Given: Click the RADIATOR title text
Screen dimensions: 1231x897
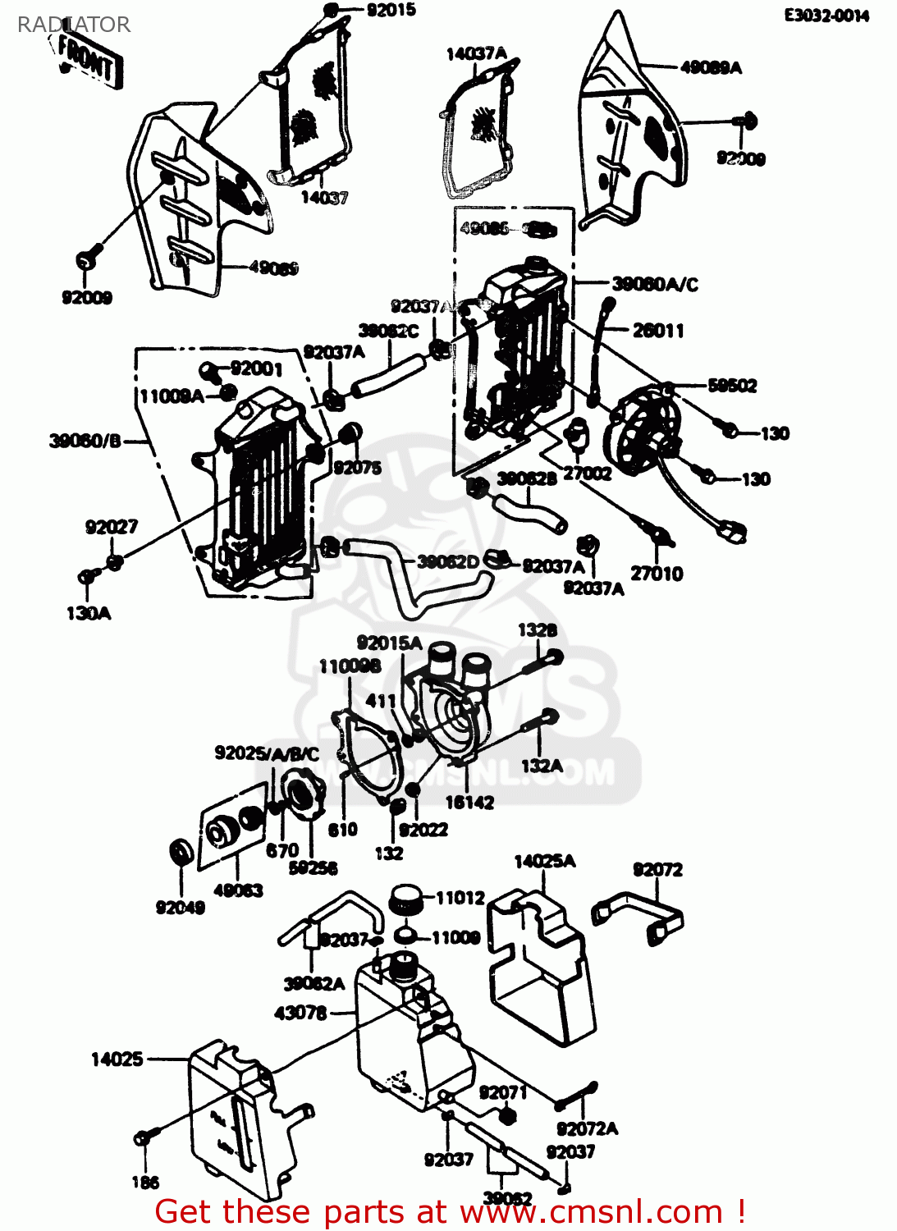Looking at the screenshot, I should (73, 25).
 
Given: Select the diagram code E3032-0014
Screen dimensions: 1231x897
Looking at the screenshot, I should (826, 16).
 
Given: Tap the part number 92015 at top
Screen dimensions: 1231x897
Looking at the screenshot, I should (391, 11).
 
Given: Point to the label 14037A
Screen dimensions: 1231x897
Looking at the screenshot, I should (476, 54).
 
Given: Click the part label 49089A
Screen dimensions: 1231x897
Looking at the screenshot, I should (711, 67).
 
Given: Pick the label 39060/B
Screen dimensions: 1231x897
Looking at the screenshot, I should (85, 442).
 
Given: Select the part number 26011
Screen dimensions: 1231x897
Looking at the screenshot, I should (657, 331).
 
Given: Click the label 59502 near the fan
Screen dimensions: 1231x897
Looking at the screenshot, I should (732, 386).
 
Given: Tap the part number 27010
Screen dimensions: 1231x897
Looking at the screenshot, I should (657, 574).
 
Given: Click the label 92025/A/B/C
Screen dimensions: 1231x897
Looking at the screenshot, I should (267, 753).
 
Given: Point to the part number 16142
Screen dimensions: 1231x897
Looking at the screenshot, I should (469, 803).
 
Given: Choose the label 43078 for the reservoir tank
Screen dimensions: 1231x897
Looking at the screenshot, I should (300, 1014).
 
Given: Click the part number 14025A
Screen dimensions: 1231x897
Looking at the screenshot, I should (544, 861).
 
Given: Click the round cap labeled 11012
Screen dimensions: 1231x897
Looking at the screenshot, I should (405, 899).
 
